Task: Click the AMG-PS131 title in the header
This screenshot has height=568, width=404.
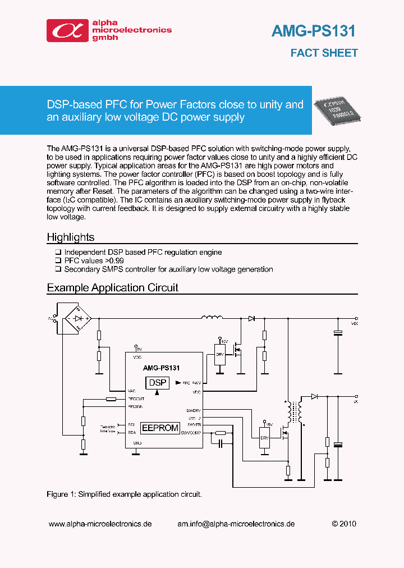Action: click(313, 31)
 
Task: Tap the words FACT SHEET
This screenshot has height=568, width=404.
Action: click(324, 53)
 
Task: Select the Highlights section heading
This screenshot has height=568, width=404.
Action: click(71, 237)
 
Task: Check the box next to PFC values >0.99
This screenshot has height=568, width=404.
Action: click(58, 261)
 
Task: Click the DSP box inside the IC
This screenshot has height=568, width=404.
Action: click(158, 383)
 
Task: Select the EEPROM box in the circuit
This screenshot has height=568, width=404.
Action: click(160, 428)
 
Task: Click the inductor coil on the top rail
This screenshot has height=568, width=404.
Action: click(212, 319)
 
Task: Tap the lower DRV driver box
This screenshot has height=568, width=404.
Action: click(264, 437)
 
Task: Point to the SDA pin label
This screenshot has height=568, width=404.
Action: click(132, 432)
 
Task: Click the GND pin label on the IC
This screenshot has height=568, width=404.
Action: click(137, 443)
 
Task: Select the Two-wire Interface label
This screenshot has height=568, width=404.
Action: click(108, 429)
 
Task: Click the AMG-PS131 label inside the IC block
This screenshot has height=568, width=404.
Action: click(161, 368)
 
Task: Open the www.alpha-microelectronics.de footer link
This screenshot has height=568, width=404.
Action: click(100, 524)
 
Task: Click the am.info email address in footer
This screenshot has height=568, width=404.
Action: click(236, 524)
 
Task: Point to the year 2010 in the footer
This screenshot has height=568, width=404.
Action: click(343, 524)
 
